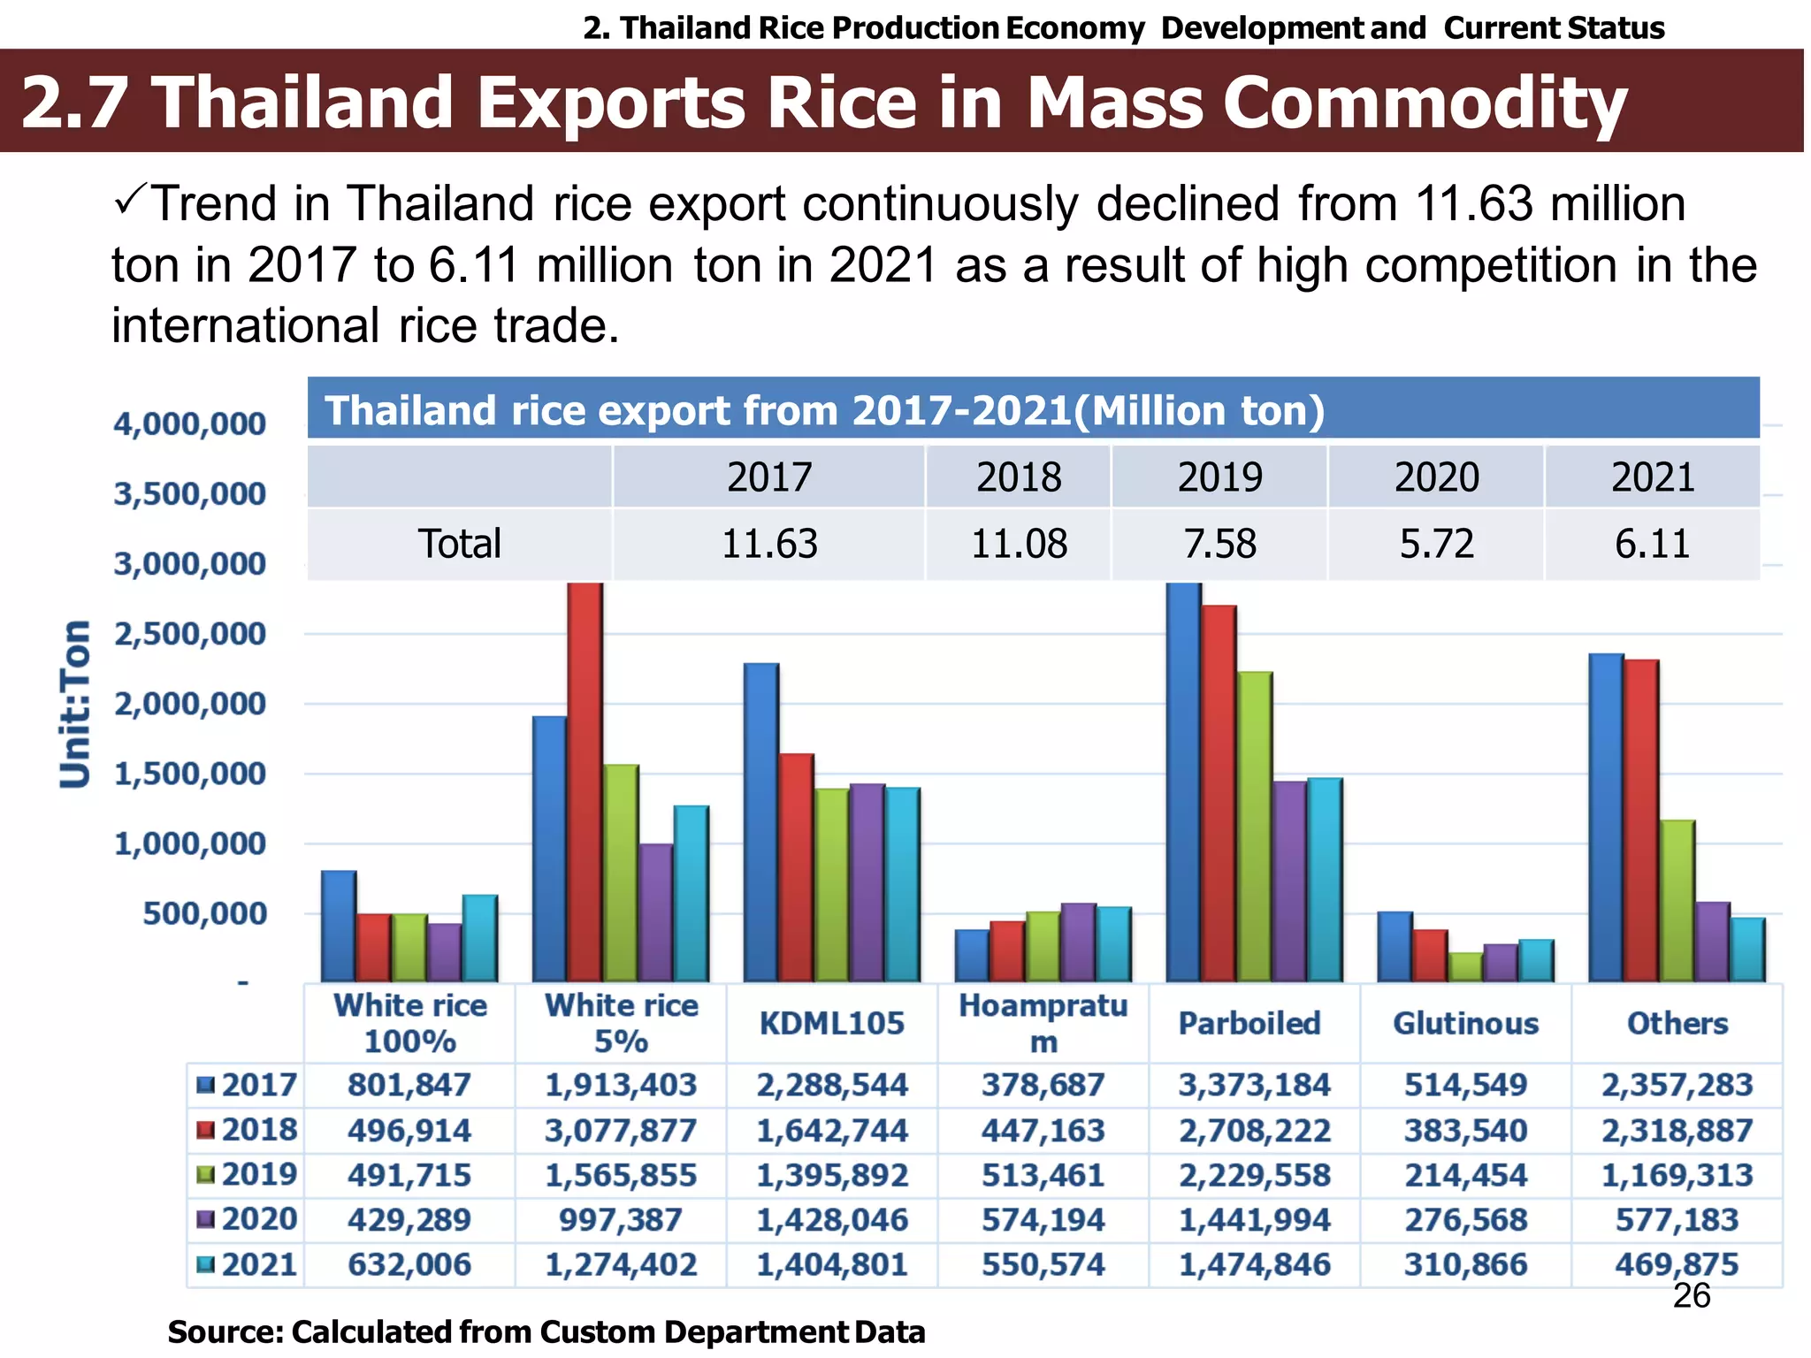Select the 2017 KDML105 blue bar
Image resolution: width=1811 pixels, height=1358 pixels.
point(761,822)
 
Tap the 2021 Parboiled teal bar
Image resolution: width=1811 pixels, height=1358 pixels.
point(1325,880)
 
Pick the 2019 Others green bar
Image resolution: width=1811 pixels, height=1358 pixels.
point(1677,901)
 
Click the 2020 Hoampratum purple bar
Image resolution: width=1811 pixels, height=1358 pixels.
point(1078,942)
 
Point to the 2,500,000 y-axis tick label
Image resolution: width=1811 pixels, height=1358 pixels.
point(189,634)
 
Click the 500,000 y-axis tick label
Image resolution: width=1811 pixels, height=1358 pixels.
point(203,913)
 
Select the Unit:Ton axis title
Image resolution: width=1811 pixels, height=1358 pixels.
point(76,704)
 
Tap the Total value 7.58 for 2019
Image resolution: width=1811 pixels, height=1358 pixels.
point(1219,544)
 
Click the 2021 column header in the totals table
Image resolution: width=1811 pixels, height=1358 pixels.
point(1652,477)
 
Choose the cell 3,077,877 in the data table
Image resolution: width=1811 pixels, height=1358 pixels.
point(620,1131)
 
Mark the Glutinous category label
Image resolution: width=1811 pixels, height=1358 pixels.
point(1465,1024)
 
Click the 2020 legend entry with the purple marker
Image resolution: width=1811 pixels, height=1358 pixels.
point(248,1220)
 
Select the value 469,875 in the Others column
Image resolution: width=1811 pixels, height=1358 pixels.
point(1677,1265)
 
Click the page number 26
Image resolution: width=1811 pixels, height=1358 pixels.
point(1692,1296)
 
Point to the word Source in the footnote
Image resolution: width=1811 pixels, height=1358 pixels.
point(222,1332)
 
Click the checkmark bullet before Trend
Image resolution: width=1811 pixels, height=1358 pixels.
point(130,202)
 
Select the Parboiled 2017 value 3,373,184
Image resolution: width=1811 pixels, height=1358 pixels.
point(1254,1086)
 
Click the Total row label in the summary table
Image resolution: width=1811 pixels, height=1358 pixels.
point(459,544)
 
